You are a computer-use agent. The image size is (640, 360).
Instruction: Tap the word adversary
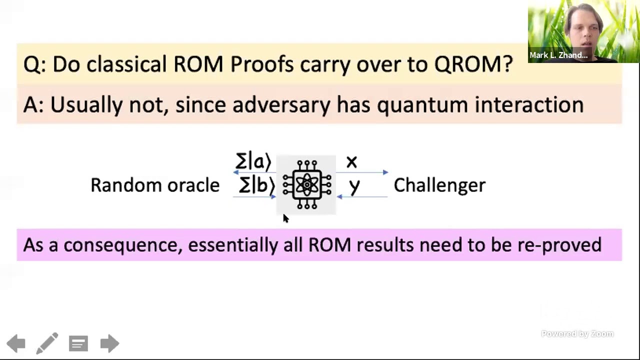pos(281,105)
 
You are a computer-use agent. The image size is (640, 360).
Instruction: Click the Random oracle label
pos(155,185)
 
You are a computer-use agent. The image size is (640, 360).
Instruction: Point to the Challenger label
pos(439,185)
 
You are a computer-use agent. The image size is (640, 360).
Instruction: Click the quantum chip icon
pos(306,184)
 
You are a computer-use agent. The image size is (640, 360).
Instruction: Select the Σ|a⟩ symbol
pos(253,162)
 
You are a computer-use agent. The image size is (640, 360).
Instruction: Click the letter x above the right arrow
pos(351,162)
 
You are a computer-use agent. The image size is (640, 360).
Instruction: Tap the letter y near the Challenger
pos(354,186)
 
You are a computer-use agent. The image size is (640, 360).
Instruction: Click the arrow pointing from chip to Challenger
pos(362,172)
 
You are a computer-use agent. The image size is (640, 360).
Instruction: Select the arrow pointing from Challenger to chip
pos(362,197)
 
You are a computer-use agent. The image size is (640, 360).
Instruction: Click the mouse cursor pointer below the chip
pos(285,218)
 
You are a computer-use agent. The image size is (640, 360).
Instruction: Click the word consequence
pos(122,245)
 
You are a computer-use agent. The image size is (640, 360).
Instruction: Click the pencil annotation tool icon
pos(47,343)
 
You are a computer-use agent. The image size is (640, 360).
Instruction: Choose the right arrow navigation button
pos(109,343)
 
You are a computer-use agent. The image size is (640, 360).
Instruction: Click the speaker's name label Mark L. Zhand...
pos(558,55)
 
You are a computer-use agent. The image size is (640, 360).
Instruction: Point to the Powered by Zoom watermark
pos(577,334)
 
